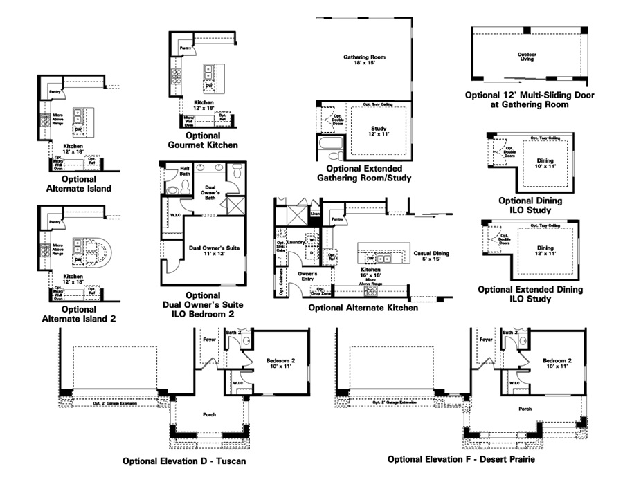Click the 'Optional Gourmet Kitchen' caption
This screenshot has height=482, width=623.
(203, 140)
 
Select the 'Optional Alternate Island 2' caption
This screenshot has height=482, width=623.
(79, 314)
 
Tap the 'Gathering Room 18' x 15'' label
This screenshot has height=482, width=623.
(364, 60)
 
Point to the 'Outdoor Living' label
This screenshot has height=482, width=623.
(528, 57)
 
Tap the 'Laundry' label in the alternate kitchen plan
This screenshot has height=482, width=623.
(296, 243)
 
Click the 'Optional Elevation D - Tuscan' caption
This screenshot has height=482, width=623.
(184, 461)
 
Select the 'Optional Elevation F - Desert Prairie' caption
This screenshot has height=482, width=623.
(461, 459)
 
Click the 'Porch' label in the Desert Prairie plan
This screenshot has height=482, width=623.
(525, 409)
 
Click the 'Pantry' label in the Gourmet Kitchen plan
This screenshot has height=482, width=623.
(185, 48)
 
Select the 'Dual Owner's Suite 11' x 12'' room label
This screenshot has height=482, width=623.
(215, 250)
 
